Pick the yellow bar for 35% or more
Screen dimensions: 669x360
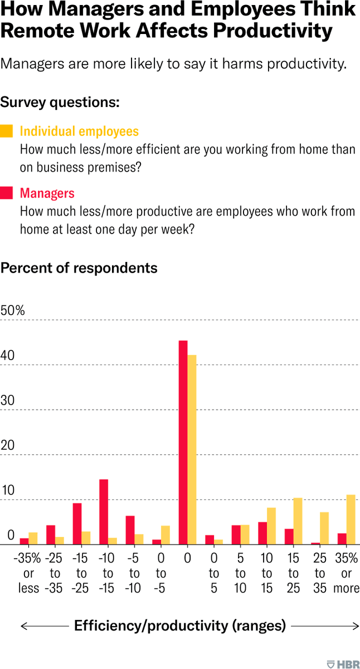[351, 520]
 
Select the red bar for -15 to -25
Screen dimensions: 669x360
[77, 523]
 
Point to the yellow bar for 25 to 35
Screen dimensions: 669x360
[324, 528]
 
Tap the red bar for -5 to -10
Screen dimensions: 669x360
[130, 530]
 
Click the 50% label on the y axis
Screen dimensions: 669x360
[13, 311]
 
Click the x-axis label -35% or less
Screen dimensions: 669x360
[28, 573]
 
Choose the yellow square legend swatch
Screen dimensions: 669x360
[6, 132]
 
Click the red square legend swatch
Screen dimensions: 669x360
[6, 193]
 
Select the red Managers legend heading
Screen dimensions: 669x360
[47, 193]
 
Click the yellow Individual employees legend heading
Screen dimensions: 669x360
[79, 132]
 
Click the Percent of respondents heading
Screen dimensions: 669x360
[79, 268]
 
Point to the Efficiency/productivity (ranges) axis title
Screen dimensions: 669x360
[180, 626]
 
